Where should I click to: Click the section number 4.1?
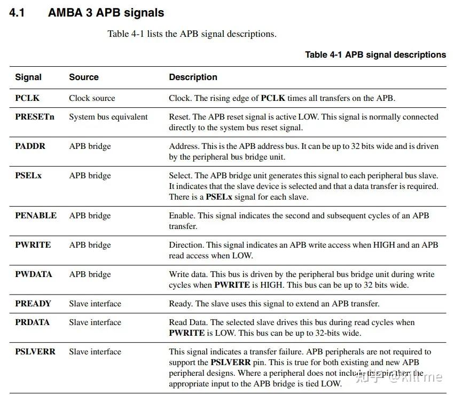[x=17, y=13]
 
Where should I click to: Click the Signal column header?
[x=28, y=77]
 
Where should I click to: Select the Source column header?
[x=84, y=77]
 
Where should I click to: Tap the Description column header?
[x=193, y=77]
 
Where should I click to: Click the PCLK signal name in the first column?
[x=27, y=98]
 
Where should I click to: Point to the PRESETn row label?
[x=35, y=117]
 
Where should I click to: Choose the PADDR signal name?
[x=30, y=146]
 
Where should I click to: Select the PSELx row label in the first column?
[x=28, y=176]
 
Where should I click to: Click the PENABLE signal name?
[x=36, y=216]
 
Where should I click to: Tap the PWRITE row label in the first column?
[x=33, y=245]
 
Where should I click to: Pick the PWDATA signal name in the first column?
[x=34, y=274]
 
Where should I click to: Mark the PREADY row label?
[x=33, y=304]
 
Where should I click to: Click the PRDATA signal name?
[x=32, y=322]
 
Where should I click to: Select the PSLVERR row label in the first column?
[x=35, y=352]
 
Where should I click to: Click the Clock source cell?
[x=92, y=98]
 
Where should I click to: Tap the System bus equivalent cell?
[x=108, y=117]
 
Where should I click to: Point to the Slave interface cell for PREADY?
[x=95, y=304]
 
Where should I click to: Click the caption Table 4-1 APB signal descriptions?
[x=375, y=54]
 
